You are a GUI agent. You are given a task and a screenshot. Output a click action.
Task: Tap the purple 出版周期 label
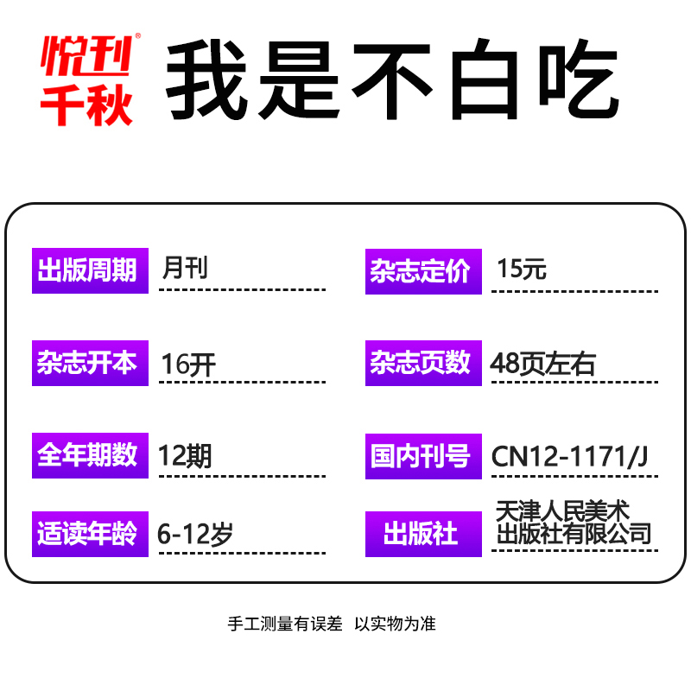(x=90, y=270)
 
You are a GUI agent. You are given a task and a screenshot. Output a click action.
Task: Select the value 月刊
(x=185, y=269)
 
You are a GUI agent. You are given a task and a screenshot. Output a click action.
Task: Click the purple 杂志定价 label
(x=423, y=270)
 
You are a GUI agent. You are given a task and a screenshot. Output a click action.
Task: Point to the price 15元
(x=522, y=269)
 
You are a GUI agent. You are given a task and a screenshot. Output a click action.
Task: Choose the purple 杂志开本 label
(x=90, y=364)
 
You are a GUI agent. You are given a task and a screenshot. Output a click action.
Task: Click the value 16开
(x=189, y=364)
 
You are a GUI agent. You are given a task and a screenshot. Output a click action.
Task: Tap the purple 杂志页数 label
(x=423, y=364)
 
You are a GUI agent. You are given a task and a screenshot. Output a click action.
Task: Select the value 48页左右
(x=542, y=364)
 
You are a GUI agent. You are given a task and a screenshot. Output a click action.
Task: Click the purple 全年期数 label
(x=90, y=455)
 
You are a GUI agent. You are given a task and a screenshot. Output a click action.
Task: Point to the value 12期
(x=185, y=455)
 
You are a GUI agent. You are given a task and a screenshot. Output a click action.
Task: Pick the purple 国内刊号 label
(x=423, y=455)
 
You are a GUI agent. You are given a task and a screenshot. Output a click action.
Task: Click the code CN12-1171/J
(x=569, y=455)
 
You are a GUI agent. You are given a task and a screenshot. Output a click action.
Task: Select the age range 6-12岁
(x=195, y=534)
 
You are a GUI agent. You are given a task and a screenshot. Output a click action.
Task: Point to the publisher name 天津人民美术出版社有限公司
(x=574, y=523)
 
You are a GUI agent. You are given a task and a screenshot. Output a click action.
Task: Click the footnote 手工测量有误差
(x=285, y=624)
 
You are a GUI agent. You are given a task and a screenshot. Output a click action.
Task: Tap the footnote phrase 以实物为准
(x=396, y=624)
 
